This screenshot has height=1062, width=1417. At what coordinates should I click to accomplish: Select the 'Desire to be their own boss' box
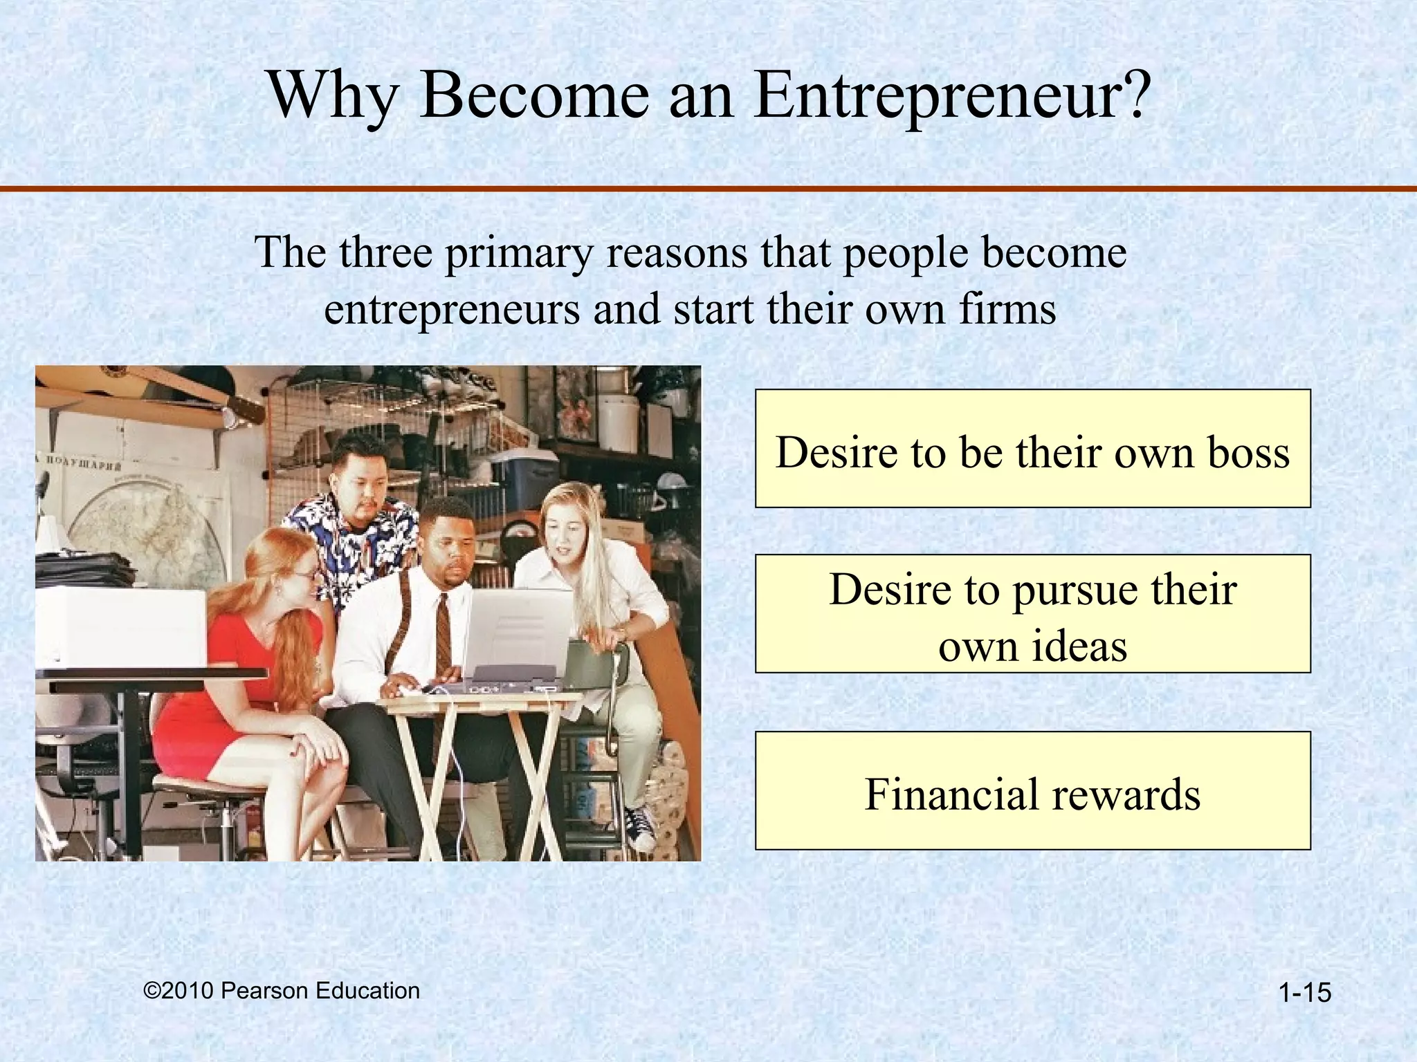click(x=1032, y=449)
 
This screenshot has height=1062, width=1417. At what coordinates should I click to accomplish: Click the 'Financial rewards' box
click(x=1032, y=791)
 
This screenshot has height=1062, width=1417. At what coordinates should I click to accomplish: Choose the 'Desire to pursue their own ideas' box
click(x=1032, y=614)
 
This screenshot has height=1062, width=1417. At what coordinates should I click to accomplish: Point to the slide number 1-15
click(x=1305, y=993)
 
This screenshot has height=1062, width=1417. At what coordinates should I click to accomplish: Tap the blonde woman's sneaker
click(x=640, y=826)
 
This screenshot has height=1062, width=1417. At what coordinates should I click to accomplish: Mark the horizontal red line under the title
click(x=708, y=188)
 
